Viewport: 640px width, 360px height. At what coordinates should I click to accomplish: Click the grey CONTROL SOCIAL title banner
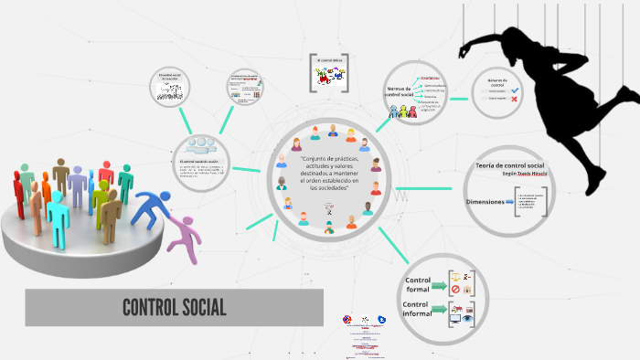pos(174,307)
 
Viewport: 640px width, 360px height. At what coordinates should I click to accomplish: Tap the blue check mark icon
pos(516,90)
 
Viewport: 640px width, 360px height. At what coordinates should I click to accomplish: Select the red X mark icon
pos(516,99)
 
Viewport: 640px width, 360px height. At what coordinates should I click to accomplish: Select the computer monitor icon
pos(455,320)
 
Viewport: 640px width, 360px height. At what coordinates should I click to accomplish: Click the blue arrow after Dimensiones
pos(510,201)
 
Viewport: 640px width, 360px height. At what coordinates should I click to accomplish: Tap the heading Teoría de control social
pos(509,165)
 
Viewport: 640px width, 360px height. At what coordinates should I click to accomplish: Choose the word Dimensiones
pos(485,201)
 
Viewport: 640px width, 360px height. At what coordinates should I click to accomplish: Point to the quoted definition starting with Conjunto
pos(329,173)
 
